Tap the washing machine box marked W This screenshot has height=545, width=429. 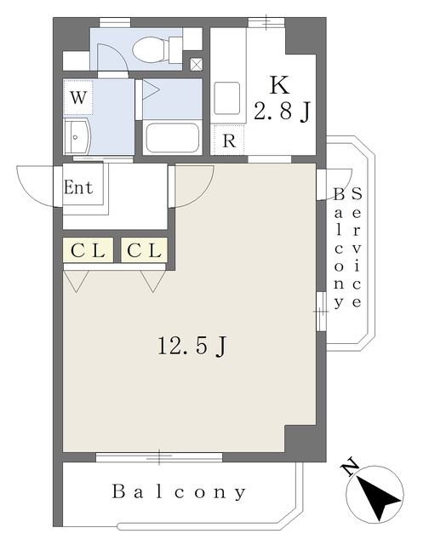point(78,97)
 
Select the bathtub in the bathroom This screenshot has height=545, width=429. point(172,137)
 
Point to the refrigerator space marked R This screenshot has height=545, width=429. point(229,140)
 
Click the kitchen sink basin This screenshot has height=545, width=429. point(226,99)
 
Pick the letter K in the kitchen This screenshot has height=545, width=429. point(280,85)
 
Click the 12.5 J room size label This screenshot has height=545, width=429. point(192,346)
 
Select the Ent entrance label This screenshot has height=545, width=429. point(78,187)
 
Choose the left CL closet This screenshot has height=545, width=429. point(89,250)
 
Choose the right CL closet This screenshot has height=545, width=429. point(144,250)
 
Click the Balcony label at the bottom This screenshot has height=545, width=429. point(179,492)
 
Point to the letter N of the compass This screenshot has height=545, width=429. point(350,468)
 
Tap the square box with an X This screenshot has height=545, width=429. point(196,64)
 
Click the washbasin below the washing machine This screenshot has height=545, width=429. point(77,137)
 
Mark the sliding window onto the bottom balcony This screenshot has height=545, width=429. point(159,457)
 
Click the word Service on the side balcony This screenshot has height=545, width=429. point(357,248)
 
